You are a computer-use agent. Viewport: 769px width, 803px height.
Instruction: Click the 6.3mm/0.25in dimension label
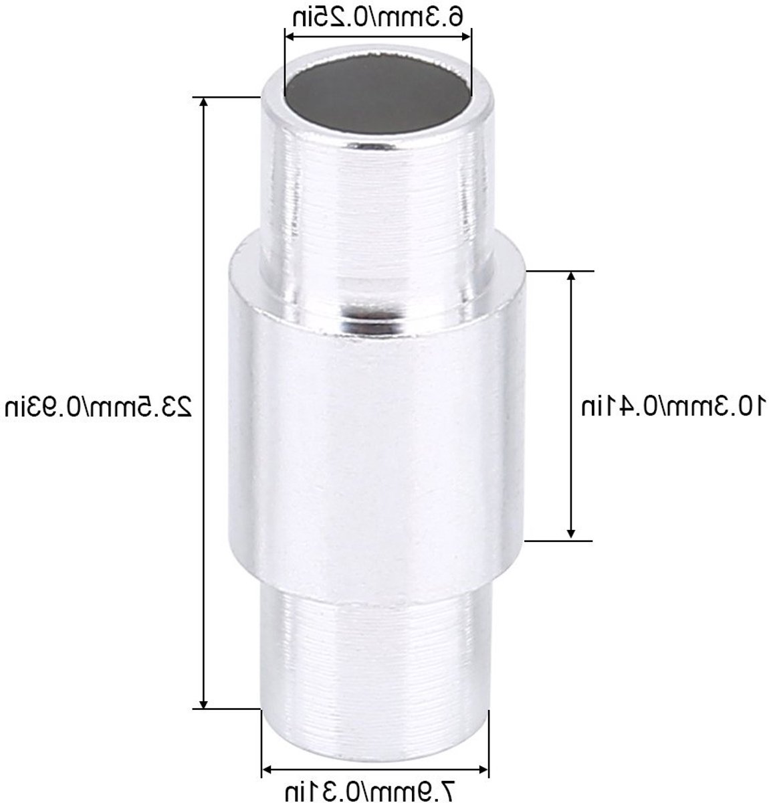pos(378,17)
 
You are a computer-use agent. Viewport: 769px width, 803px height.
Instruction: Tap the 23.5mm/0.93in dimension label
pos(98,406)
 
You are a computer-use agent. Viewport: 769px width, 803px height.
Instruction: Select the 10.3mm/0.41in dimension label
pos(674,406)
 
